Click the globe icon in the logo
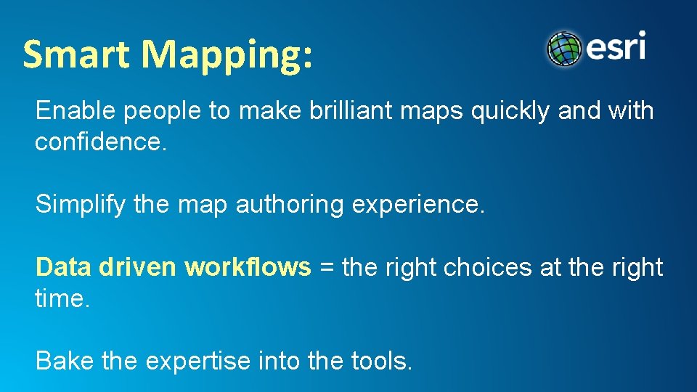pos(565,49)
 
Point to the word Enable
pos(76,111)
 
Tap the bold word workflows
pos(248,268)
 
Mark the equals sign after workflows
pos(327,269)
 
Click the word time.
pos(62,299)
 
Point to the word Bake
pos(65,361)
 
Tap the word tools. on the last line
pos(381,361)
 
